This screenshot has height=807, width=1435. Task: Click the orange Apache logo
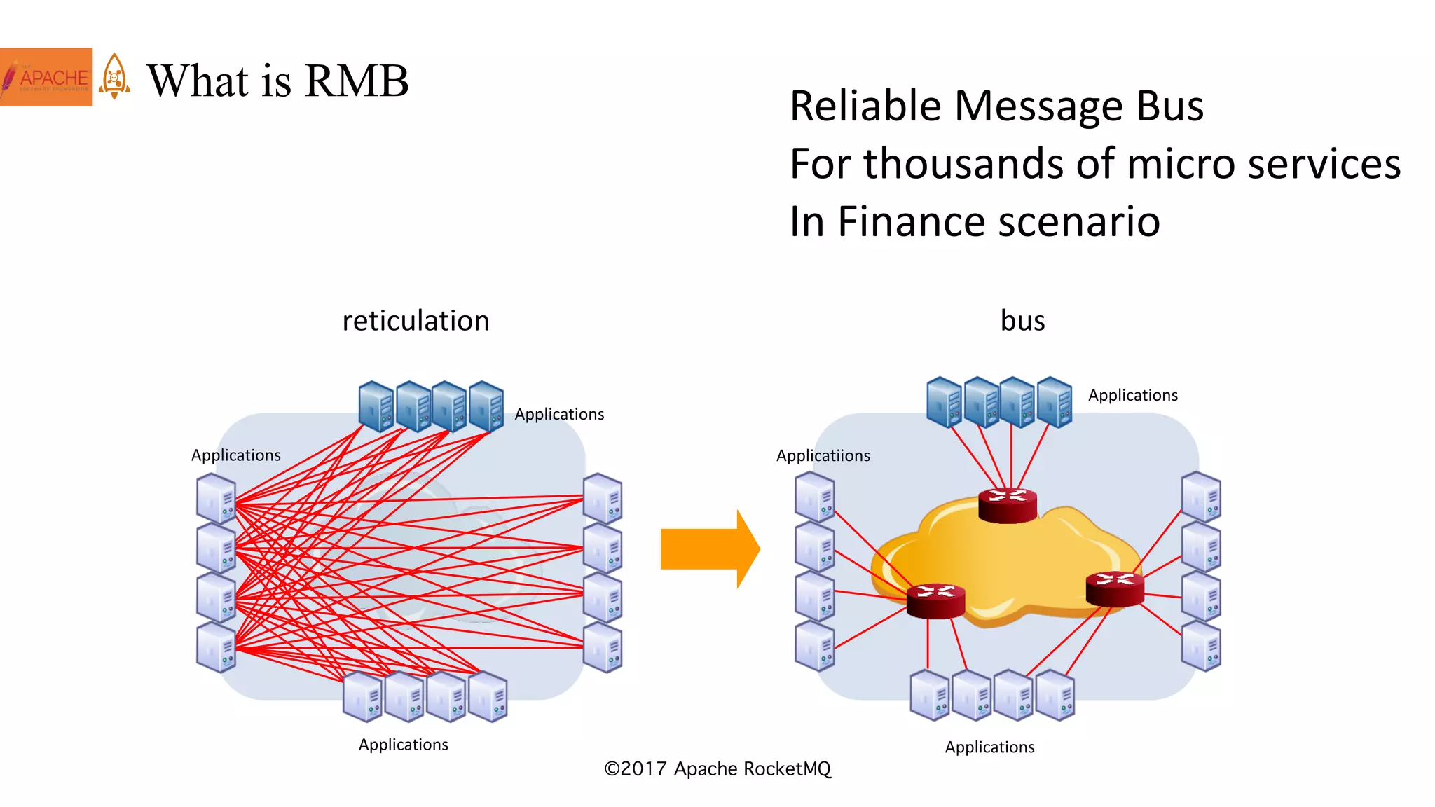coord(46,77)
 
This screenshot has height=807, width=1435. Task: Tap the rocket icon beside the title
coord(114,77)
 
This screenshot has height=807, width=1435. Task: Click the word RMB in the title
coord(357,81)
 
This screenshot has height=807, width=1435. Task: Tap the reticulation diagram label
coord(416,321)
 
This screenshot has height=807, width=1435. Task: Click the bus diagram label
coord(1022,321)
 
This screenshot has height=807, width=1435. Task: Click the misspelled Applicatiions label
coord(823,455)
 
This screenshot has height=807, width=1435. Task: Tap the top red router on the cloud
coord(1007,505)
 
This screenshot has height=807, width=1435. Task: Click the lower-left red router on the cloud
coord(935,600)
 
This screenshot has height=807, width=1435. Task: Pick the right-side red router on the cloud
coord(1114,588)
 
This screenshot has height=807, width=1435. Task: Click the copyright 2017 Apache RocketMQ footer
coord(717,768)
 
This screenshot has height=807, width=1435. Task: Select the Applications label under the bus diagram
coord(989,747)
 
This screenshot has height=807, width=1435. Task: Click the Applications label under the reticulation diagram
coord(403,744)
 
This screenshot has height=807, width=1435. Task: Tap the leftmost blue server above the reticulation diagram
coord(376,406)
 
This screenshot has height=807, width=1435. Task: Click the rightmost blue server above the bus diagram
coord(1055,401)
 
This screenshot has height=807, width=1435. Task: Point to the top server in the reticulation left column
coord(216,498)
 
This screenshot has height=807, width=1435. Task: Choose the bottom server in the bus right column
coord(1201,646)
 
